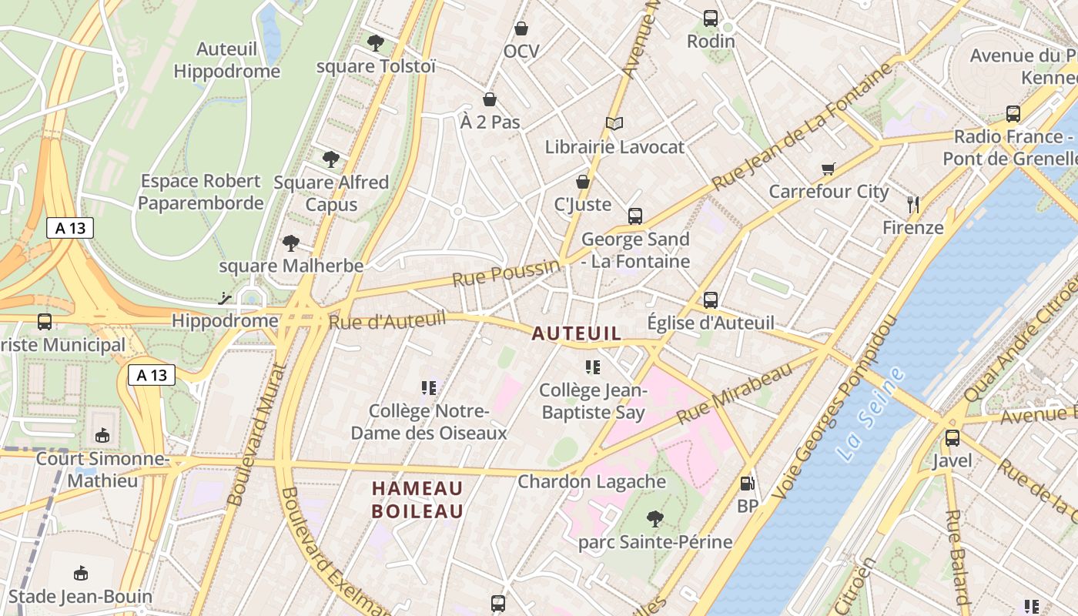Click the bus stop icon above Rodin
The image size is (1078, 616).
[x=710, y=18]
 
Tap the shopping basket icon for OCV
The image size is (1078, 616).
[x=521, y=28]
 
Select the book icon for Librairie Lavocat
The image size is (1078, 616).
[x=614, y=123]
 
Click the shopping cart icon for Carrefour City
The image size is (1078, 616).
[x=829, y=169]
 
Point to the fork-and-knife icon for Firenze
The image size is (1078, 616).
[x=913, y=205]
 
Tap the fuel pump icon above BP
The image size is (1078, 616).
[x=746, y=484]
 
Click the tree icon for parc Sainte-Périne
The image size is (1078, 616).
[x=654, y=518]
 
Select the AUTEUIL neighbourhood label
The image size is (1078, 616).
[x=577, y=333]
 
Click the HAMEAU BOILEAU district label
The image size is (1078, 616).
[x=417, y=500]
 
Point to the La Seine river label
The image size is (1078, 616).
[x=871, y=414]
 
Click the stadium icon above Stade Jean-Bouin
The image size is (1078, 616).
[x=81, y=574]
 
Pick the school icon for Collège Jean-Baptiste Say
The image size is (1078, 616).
[x=592, y=367]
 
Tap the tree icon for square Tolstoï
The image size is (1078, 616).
[x=376, y=43]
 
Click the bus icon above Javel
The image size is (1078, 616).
[x=952, y=438]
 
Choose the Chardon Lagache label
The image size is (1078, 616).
[x=591, y=482]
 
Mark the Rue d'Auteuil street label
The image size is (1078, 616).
[x=387, y=320]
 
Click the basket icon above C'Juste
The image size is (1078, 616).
[x=583, y=182]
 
